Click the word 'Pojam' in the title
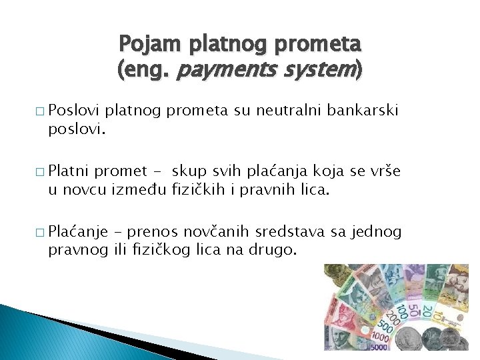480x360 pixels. click(x=143, y=44)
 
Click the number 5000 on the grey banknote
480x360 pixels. click(x=379, y=346)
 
